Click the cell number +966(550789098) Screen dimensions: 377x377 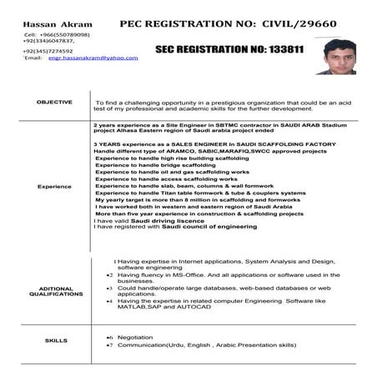click(x=63, y=31)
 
